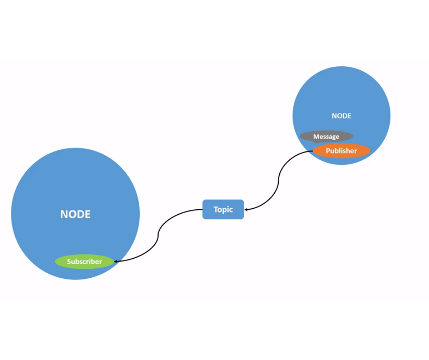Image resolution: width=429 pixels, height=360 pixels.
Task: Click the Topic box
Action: pyautogui.click(x=223, y=209)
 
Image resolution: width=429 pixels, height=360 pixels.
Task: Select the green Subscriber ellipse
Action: pyautogui.click(x=84, y=262)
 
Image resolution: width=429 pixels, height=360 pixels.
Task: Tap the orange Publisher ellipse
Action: pyautogui.click(x=341, y=151)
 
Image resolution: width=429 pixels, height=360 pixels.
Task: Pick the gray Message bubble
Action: pyautogui.click(x=326, y=136)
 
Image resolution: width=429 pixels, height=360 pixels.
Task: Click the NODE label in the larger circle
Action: pyautogui.click(x=75, y=214)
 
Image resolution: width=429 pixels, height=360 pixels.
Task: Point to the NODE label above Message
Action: pyautogui.click(x=341, y=116)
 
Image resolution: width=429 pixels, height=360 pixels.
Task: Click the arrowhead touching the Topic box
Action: pyautogui.click(x=246, y=210)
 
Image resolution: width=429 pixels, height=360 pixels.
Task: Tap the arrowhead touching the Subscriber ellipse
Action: pyautogui.click(x=116, y=261)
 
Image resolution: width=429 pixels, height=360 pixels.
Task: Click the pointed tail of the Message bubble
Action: pyautogui.click(x=315, y=142)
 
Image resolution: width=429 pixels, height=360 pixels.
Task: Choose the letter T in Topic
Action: pyautogui.click(x=216, y=209)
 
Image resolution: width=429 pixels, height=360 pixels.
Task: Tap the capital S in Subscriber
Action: pyautogui.click(x=69, y=262)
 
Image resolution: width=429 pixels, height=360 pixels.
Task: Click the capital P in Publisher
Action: pyautogui.click(x=328, y=151)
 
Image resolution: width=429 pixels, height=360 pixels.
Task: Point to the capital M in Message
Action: pyautogui.click(x=316, y=137)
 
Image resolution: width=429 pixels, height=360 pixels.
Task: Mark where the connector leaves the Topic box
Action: pyautogui.click(x=203, y=210)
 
